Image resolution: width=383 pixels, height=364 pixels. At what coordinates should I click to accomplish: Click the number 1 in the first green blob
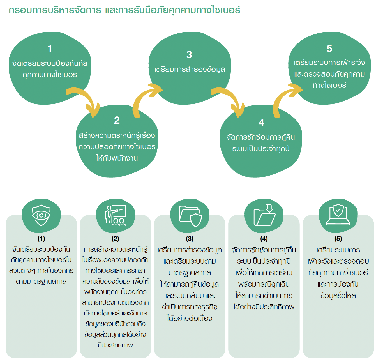(x=50, y=49)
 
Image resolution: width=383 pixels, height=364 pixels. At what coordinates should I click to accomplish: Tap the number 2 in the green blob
(x=117, y=120)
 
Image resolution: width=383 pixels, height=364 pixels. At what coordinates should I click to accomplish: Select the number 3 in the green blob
(x=189, y=55)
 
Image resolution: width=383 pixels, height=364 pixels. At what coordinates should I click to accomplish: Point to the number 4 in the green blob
(x=261, y=123)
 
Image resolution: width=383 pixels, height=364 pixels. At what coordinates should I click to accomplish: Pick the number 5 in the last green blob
(x=329, y=49)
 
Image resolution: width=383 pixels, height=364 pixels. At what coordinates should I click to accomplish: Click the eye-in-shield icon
(x=41, y=215)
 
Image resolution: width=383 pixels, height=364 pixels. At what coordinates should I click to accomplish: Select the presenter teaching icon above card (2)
(x=116, y=215)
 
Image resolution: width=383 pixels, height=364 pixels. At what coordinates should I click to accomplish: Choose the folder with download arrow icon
(x=264, y=215)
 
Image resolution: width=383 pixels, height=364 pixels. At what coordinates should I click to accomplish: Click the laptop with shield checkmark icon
(x=338, y=215)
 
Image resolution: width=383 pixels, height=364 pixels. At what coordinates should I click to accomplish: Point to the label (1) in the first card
(x=41, y=239)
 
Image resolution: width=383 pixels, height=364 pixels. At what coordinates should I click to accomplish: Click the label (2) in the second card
(x=115, y=239)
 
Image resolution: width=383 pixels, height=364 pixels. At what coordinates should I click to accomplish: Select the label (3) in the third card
(x=190, y=239)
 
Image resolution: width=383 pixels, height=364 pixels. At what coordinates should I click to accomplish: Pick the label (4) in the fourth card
(x=264, y=239)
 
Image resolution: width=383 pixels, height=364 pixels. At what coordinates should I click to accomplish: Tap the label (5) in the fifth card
(x=338, y=239)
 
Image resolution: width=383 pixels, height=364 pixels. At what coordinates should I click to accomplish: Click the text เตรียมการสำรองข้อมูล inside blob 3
(x=190, y=69)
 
